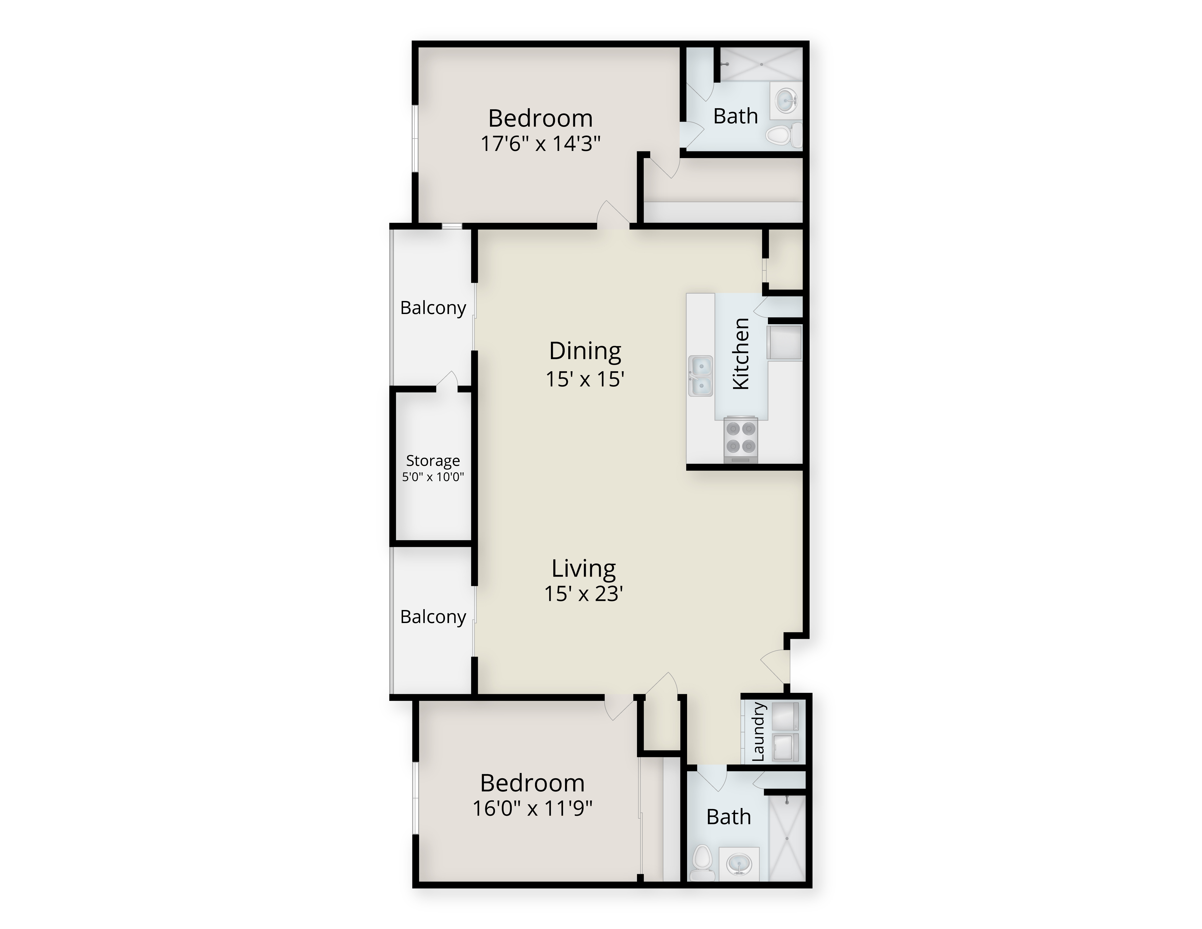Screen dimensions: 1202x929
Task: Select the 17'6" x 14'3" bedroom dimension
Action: tap(541, 144)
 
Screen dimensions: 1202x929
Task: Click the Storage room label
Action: tap(433, 461)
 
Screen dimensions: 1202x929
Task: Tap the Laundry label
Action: tap(758, 731)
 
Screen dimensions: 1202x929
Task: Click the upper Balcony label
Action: tap(433, 308)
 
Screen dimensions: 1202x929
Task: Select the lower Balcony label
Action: tap(433, 617)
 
